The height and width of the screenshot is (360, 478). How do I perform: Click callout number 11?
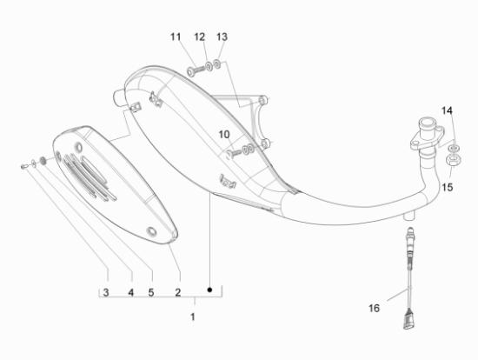(175, 37)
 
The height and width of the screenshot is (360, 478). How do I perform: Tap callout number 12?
(199, 37)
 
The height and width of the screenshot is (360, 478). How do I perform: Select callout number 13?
(222, 37)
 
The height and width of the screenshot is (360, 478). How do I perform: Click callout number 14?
(447, 110)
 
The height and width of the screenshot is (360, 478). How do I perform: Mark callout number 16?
(373, 308)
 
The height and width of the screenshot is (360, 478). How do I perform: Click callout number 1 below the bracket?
(193, 316)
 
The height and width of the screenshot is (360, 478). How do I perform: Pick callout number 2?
(177, 291)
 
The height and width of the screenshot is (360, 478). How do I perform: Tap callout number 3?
(107, 291)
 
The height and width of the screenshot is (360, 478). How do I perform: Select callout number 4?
(130, 291)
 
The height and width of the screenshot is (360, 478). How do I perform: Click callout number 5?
(150, 291)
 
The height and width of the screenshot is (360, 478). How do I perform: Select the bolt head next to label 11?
(190, 70)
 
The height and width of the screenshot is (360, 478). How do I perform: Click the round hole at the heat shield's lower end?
(153, 231)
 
